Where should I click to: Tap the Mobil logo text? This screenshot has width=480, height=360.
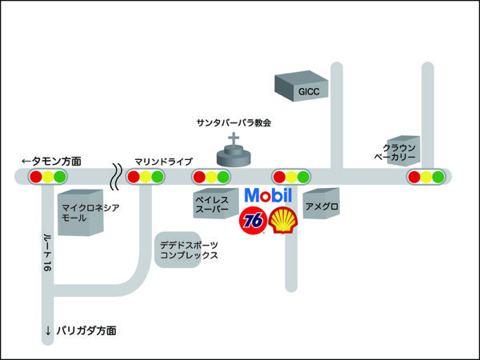[269, 195]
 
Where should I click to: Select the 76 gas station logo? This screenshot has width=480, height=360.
[254, 220]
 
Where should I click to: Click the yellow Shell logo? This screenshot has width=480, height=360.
[284, 220]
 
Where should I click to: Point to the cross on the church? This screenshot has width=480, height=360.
[234, 141]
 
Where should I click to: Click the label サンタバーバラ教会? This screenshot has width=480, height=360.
[234, 123]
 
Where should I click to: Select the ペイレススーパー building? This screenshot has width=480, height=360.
[213, 205]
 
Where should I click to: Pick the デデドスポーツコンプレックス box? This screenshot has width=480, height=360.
[188, 250]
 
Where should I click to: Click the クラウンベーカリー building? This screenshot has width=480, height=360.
[399, 152]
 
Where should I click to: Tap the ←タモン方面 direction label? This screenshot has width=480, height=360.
[51, 161]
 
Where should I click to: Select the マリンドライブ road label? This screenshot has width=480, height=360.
[164, 162]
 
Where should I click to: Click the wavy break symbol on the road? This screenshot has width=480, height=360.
[117, 177]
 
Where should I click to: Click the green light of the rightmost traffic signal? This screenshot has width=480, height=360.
[439, 177]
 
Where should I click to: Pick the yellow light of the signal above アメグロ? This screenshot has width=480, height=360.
[291, 177]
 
